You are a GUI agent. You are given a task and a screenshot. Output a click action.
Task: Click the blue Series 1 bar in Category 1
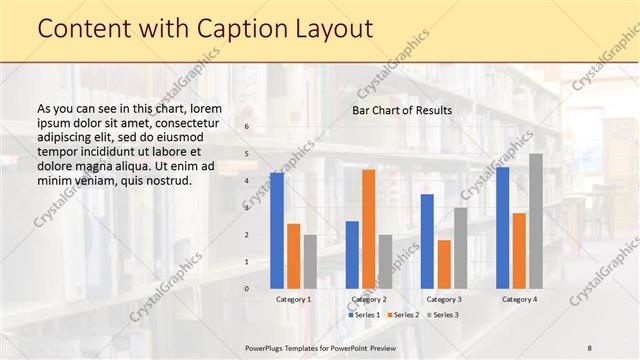coord(277,230)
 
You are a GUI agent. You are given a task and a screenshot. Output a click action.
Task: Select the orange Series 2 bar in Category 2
coord(369,229)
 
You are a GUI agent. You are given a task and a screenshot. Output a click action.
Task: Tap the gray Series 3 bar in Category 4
coord(536,221)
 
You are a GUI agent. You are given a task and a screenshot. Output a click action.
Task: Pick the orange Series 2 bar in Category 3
coord(444,264)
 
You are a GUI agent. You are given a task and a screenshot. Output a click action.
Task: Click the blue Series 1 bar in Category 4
coord(503,228)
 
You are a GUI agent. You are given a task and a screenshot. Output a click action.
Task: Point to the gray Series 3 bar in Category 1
coord(310,261)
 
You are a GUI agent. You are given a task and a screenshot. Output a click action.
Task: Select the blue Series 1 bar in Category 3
coord(427,241)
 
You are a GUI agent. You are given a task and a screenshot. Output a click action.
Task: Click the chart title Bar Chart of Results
coord(401,110)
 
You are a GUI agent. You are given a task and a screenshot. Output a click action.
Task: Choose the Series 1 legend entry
coord(365,315)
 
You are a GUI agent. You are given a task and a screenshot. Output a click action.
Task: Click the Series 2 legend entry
coord(403,315)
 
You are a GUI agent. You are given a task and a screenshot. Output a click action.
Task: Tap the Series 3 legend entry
coord(442,315)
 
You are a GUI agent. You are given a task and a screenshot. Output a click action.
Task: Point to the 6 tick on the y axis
coord(248,127)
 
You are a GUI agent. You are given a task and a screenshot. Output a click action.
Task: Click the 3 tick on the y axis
coord(248,208)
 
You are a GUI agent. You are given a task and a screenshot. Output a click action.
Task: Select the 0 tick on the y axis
coord(248,288)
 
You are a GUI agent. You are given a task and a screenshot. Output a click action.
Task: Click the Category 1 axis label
coord(293,299)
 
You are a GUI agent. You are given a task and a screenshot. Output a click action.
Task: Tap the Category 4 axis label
coord(519,299)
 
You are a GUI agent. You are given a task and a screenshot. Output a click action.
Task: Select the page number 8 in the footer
coord(590,347)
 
